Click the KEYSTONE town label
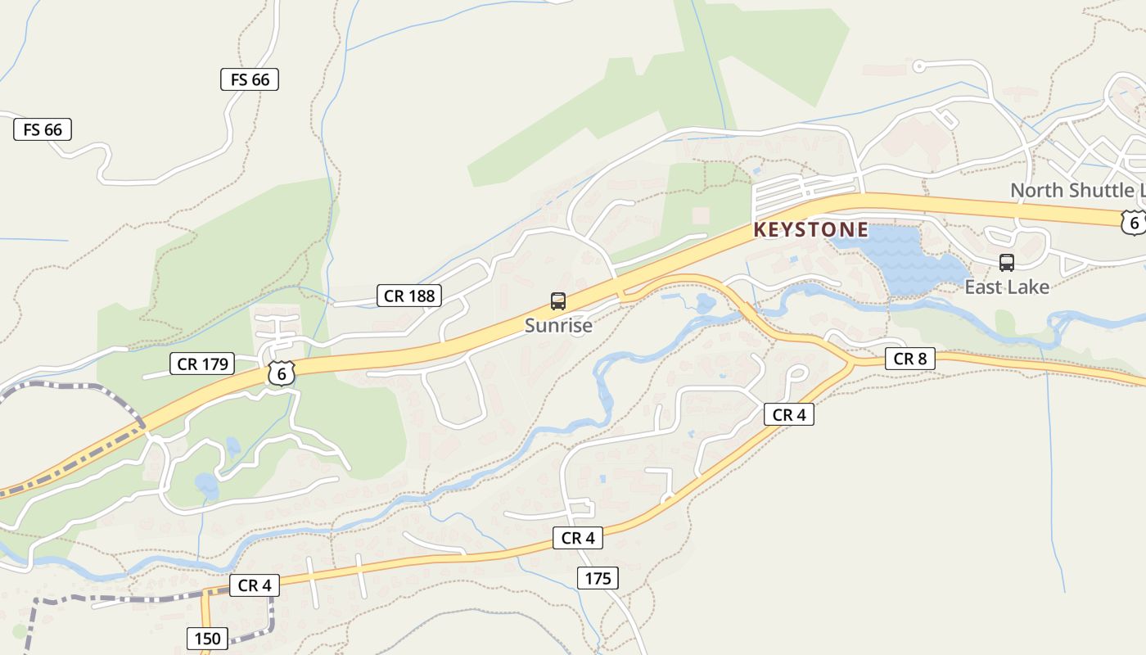click(x=810, y=230)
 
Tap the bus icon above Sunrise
click(x=558, y=301)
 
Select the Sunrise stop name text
click(x=558, y=325)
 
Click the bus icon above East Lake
click(x=1007, y=263)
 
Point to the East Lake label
click(x=1007, y=287)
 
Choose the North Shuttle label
click(x=1077, y=190)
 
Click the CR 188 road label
click(x=409, y=296)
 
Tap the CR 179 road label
click(x=202, y=364)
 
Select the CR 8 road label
click(x=909, y=359)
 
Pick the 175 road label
click(x=598, y=579)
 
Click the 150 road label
click(x=207, y=638)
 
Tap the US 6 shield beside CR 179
click(x=281, y=373)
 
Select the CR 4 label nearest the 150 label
click(x=254, y=585)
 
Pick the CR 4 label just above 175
click(x=578, y=538)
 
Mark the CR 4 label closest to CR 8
click(x=789, y=415)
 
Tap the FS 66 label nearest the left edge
click(x=43, y=129)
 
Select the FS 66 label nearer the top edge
click(x=250, y=79)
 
